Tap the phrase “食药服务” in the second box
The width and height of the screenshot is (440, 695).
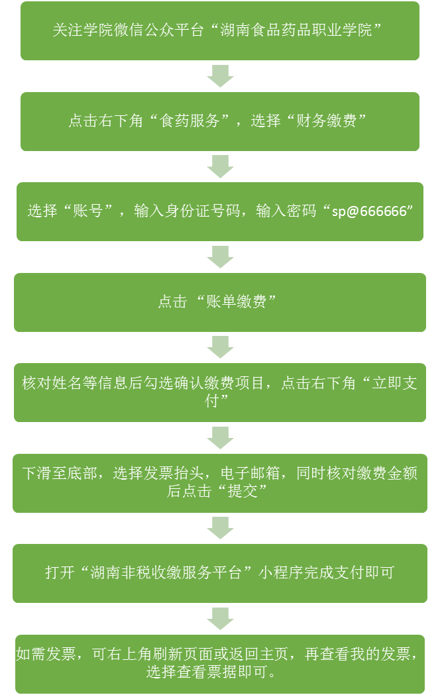pos(194,121)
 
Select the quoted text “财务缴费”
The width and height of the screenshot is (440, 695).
pos(324,121)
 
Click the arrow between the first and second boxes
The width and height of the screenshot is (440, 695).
pos(220,76)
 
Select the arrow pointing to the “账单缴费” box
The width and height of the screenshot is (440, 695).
pos(220,256)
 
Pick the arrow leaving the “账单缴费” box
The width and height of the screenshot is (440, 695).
pos(220,347)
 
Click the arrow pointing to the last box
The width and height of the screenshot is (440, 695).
pos(220,618)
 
